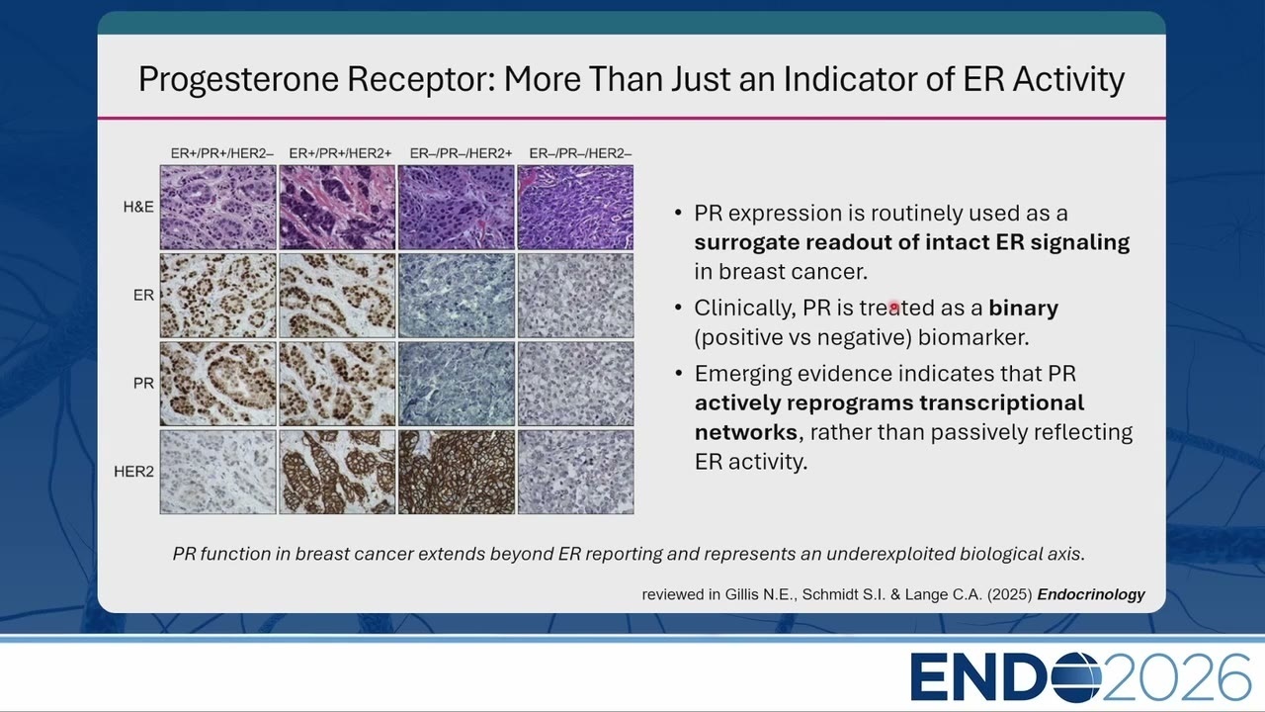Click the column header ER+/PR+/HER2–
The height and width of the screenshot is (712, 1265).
[222, 153]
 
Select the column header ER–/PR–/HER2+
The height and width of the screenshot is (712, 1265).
[461, 153]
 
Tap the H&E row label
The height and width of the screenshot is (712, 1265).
[138, 207]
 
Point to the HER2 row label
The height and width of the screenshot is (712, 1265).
[133, 472]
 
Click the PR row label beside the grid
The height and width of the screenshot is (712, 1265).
[143, 383]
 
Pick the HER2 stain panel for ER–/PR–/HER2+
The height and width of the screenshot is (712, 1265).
[457, 472]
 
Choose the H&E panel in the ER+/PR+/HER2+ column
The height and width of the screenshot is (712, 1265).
[337, 208]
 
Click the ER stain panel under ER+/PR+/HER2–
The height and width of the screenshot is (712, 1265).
[218, 296]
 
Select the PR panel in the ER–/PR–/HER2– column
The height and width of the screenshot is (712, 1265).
[575, 384]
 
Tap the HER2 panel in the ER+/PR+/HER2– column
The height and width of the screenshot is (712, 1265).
[218, 472]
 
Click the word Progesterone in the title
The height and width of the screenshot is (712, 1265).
[238, 80]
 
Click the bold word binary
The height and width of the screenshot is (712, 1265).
[1023, 308]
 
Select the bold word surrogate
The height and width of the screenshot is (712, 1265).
[745, 243]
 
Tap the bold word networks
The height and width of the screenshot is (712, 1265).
[745, 432]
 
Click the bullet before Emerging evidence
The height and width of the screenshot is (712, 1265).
[678, 374]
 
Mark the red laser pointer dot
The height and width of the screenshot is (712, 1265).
[894, 307]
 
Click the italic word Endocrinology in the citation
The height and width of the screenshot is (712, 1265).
[1091, 594]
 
